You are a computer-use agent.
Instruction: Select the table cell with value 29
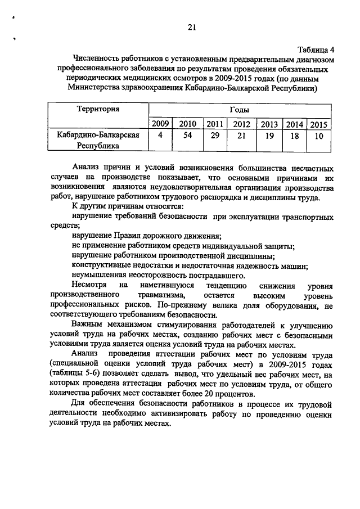pyautogui.click(x=214, y=136)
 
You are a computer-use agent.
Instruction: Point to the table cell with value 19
pyautogui.click(x=269, y=136)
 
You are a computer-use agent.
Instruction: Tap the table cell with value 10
pyautogui.click(x=319, y=136)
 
